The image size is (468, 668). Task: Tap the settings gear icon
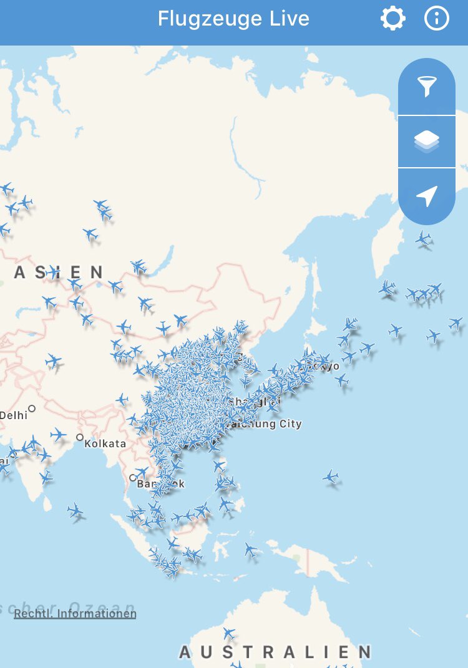(x=393, y=19)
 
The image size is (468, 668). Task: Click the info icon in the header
(x=437, y=19)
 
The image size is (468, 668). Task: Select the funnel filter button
(x=427, y=87)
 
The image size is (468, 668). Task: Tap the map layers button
(x=427, y=142)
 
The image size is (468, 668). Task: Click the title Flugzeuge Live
(x=233, y=19)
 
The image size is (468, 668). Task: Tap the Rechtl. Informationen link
(x=75, y=614)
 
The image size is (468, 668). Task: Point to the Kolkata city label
(x=105, y=444)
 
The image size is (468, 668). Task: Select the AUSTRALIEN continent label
(x=275, y=652)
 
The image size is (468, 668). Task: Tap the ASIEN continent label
(x=59, y=273)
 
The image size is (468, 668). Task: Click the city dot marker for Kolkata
(x=80, y=437)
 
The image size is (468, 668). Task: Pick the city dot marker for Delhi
(x=32, y=409)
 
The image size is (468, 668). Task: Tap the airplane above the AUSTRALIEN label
(x=230, y=634)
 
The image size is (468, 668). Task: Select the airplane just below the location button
(x=424, y=238)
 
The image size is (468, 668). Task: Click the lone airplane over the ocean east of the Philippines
(x=331, y=477)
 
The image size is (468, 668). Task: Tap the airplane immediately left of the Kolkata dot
(x=58, y=435)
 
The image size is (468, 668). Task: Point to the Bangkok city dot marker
(x=132, y=478)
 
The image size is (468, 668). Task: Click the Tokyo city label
(x=329, y=365)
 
